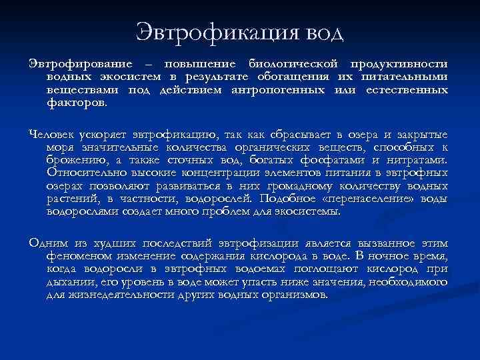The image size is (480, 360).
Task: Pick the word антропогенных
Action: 298,90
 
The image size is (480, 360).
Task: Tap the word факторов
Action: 76,103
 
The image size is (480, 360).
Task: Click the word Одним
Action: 45,243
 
